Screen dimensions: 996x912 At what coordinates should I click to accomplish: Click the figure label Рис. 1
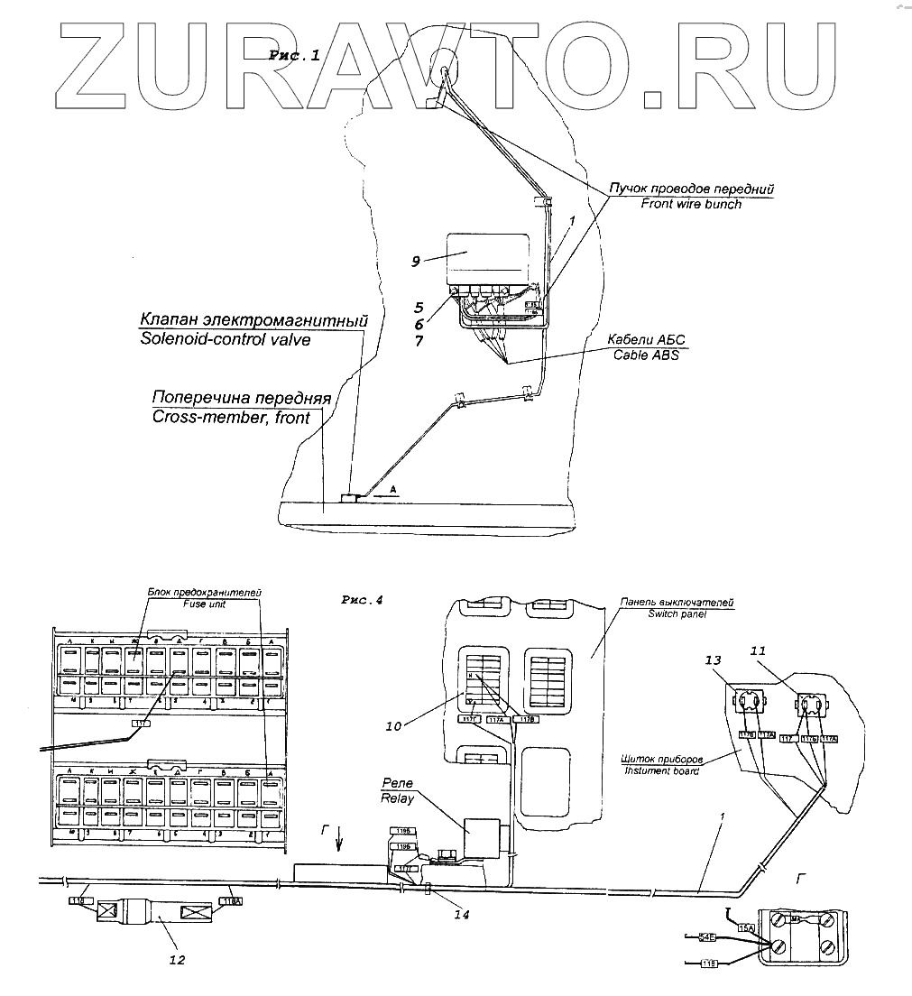(294, 56)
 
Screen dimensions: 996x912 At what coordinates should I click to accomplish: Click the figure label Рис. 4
(363, 599)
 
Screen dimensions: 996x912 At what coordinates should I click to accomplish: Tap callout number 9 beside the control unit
(417, 262)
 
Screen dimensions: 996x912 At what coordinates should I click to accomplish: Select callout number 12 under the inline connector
(177, 959)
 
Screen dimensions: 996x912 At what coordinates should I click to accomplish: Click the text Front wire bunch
(691, 204)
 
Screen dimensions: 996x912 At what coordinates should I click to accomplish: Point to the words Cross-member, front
(231, 417)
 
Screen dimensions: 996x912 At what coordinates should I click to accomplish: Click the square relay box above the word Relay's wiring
(481, 835)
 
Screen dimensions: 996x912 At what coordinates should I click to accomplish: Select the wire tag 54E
(708, 938)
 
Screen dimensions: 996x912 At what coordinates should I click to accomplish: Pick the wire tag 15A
(746, 927)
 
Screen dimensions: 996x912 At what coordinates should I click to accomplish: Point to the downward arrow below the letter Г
(338, 843)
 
